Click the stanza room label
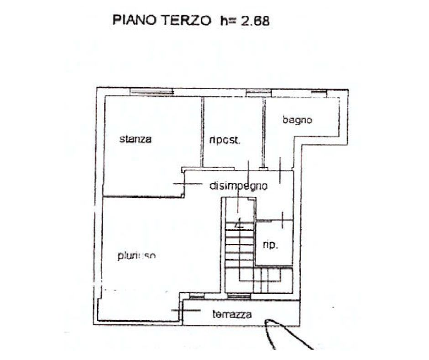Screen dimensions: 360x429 [x=135, y=139]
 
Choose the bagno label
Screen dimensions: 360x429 [x=297, y=121]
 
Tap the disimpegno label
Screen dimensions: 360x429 [x=238, y=186]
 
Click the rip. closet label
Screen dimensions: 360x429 [x=270, y=245]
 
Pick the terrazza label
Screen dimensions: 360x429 [x=232, y=314]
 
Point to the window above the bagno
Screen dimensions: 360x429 [x=319, y=93]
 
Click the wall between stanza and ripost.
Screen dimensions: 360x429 [x=202, y=132]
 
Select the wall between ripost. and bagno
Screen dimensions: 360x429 [x=264, y=132]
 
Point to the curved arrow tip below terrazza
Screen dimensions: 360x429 [x=267, y=323]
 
